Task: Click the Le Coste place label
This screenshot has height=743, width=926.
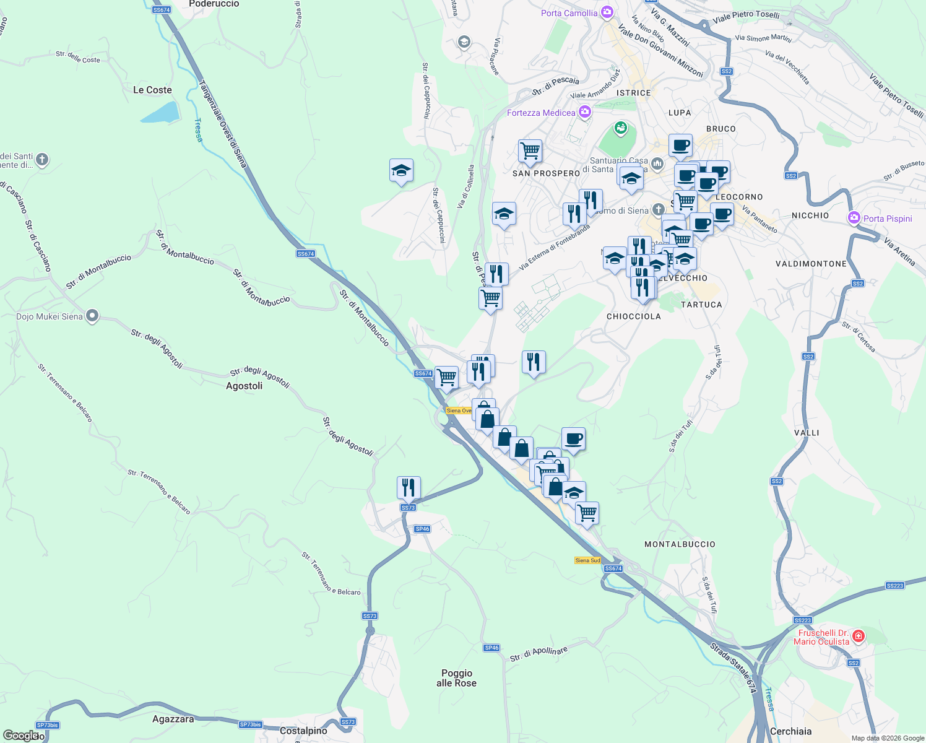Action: tap(152, 90)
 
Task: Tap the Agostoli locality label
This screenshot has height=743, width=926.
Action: tap(244, 386)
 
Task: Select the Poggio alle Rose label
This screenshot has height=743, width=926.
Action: tap(457, 678)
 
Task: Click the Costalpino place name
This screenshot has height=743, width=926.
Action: tap(303, 731)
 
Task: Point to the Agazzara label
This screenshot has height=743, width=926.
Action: tap(173, 719)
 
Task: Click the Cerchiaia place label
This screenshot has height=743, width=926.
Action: tap(790, 731)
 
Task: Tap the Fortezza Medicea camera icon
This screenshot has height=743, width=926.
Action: tap(584, 112)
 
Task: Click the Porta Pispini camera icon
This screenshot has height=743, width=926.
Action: tap(854, 218)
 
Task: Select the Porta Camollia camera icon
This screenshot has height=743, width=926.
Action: tap(607, 12)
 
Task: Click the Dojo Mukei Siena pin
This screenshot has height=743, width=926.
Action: tap(92, 316)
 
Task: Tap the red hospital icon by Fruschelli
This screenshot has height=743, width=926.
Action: tap(858, 637)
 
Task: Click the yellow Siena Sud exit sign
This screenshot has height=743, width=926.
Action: tap(587, 560)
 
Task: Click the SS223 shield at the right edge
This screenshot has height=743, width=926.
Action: tap(894, 585)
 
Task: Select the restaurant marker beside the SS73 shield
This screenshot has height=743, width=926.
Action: tap(409, 487)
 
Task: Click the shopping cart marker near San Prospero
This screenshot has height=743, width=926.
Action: tap(530, 150)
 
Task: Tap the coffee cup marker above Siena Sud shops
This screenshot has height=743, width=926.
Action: tap(573, 438)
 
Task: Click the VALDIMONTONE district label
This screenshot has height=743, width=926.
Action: tap(811, 264)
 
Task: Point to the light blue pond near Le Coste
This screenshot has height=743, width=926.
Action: tap(159, 113)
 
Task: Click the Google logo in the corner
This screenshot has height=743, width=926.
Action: tap(20, 736)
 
